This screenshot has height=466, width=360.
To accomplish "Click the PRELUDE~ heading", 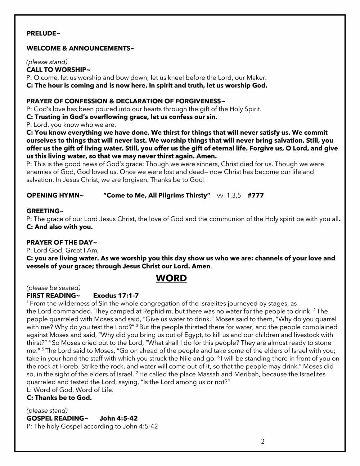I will coord(43,33).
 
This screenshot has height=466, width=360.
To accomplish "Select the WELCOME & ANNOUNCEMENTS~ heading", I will coord(80,48).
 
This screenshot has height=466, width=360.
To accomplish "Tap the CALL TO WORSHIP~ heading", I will coord(58,70).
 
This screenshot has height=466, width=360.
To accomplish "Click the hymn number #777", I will coord(256,196).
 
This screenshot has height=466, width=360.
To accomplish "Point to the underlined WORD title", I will coord(171,278).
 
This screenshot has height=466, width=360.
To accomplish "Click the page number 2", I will coord(263,442).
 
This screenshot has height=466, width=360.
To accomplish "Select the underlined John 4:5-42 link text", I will coord(140,426).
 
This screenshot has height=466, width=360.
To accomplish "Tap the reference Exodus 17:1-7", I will coord(116,296).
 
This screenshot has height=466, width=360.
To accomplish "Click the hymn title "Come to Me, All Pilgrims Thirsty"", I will coord(157,196).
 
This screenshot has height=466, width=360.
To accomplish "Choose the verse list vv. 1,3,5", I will coord(229,196).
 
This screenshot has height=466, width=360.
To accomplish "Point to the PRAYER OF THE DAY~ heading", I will coord(62,242).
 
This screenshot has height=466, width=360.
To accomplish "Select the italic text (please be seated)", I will coord(53,288).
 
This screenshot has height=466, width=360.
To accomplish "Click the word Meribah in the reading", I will coord(247,375).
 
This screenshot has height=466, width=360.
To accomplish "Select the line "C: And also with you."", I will coord(59,227).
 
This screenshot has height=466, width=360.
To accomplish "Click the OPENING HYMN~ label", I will coord(55,196).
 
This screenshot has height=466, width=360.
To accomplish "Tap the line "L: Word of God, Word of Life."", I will coord(70,390).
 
